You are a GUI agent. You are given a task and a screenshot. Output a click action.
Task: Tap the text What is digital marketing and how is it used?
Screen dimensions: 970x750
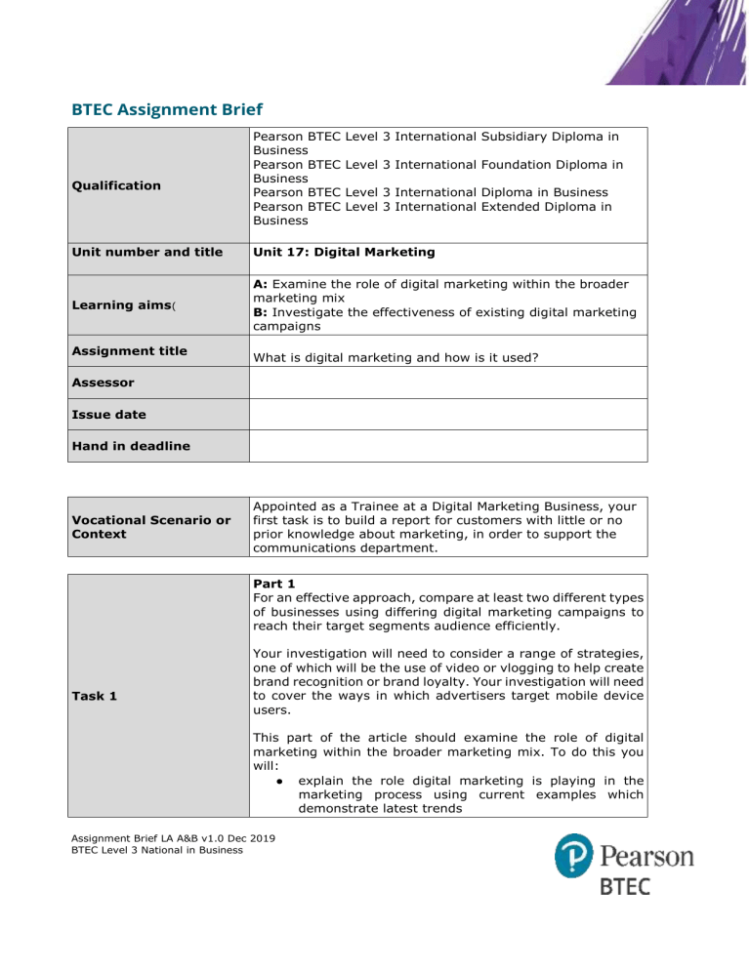pyautogui.click(x=407, y=358)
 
